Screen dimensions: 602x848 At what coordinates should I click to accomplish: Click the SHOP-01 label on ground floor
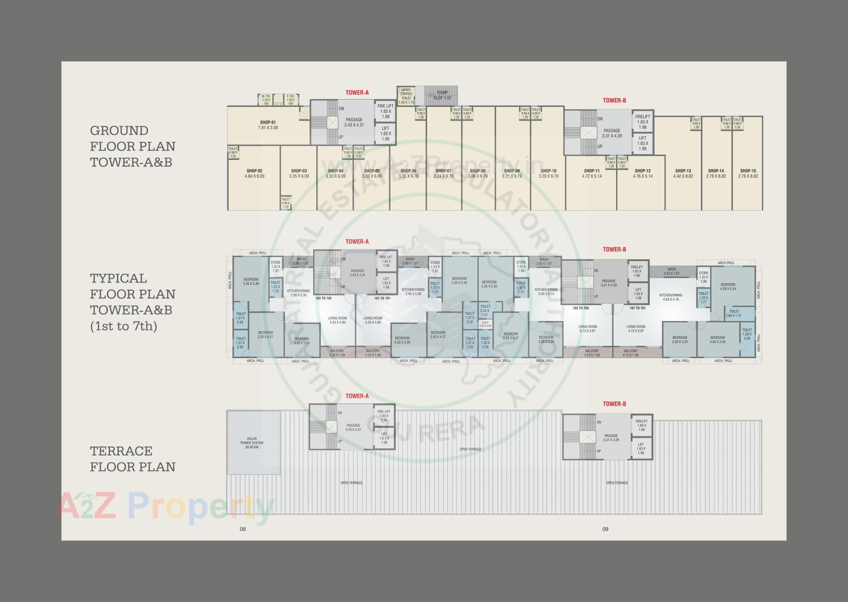pos(268,125)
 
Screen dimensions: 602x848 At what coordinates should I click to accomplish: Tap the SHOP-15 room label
pos(748,173)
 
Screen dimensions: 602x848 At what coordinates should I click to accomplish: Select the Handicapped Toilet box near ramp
pos(406,96)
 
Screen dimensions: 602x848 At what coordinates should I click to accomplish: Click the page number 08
pos(242,529)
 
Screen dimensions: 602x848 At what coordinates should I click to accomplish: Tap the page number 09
pos(605,529)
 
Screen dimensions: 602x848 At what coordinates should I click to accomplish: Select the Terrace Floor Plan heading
pos(132,459)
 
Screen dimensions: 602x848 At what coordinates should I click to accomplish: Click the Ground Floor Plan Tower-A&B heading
pos(132,146)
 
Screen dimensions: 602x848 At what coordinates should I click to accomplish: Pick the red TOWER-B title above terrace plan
pos(614,404)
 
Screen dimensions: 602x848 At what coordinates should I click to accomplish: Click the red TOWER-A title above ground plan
pos(357,93)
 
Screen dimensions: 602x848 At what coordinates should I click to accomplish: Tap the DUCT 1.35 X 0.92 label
pos(485,324)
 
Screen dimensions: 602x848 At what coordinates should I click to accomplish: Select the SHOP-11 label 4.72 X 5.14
pos(591,173)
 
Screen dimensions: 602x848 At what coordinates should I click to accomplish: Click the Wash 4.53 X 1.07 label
pos(671,271)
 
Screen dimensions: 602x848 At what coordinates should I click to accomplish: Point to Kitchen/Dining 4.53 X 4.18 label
pos(670,297)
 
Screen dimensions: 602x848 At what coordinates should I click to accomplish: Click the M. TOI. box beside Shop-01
pos(266,99)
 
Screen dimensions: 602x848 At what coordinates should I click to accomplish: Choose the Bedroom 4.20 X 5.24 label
pos(727,287)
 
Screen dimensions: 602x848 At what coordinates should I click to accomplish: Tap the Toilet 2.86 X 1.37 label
pos(734,314)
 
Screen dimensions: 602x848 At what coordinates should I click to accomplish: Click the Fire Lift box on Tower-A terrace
pos(384,416)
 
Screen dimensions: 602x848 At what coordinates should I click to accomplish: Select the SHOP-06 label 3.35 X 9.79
pos(408,173)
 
